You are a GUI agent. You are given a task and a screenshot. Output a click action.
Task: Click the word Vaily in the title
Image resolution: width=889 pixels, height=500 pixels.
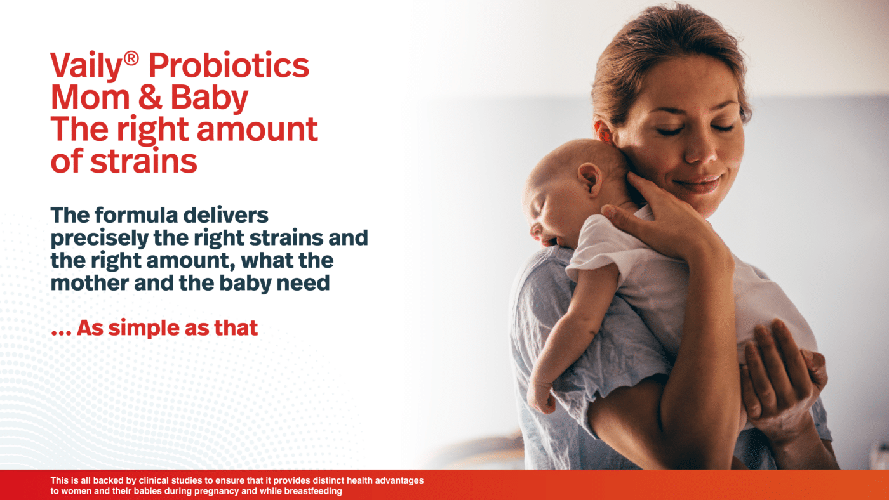click(x=86, y=65)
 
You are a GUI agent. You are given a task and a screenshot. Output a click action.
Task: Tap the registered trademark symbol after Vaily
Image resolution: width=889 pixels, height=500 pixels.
click(x=131, y=58)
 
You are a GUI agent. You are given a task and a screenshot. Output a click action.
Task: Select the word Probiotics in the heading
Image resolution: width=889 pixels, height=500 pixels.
click(x=229, y=66)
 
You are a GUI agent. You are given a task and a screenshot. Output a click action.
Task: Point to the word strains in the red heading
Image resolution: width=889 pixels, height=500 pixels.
click(x=144, y=161)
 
